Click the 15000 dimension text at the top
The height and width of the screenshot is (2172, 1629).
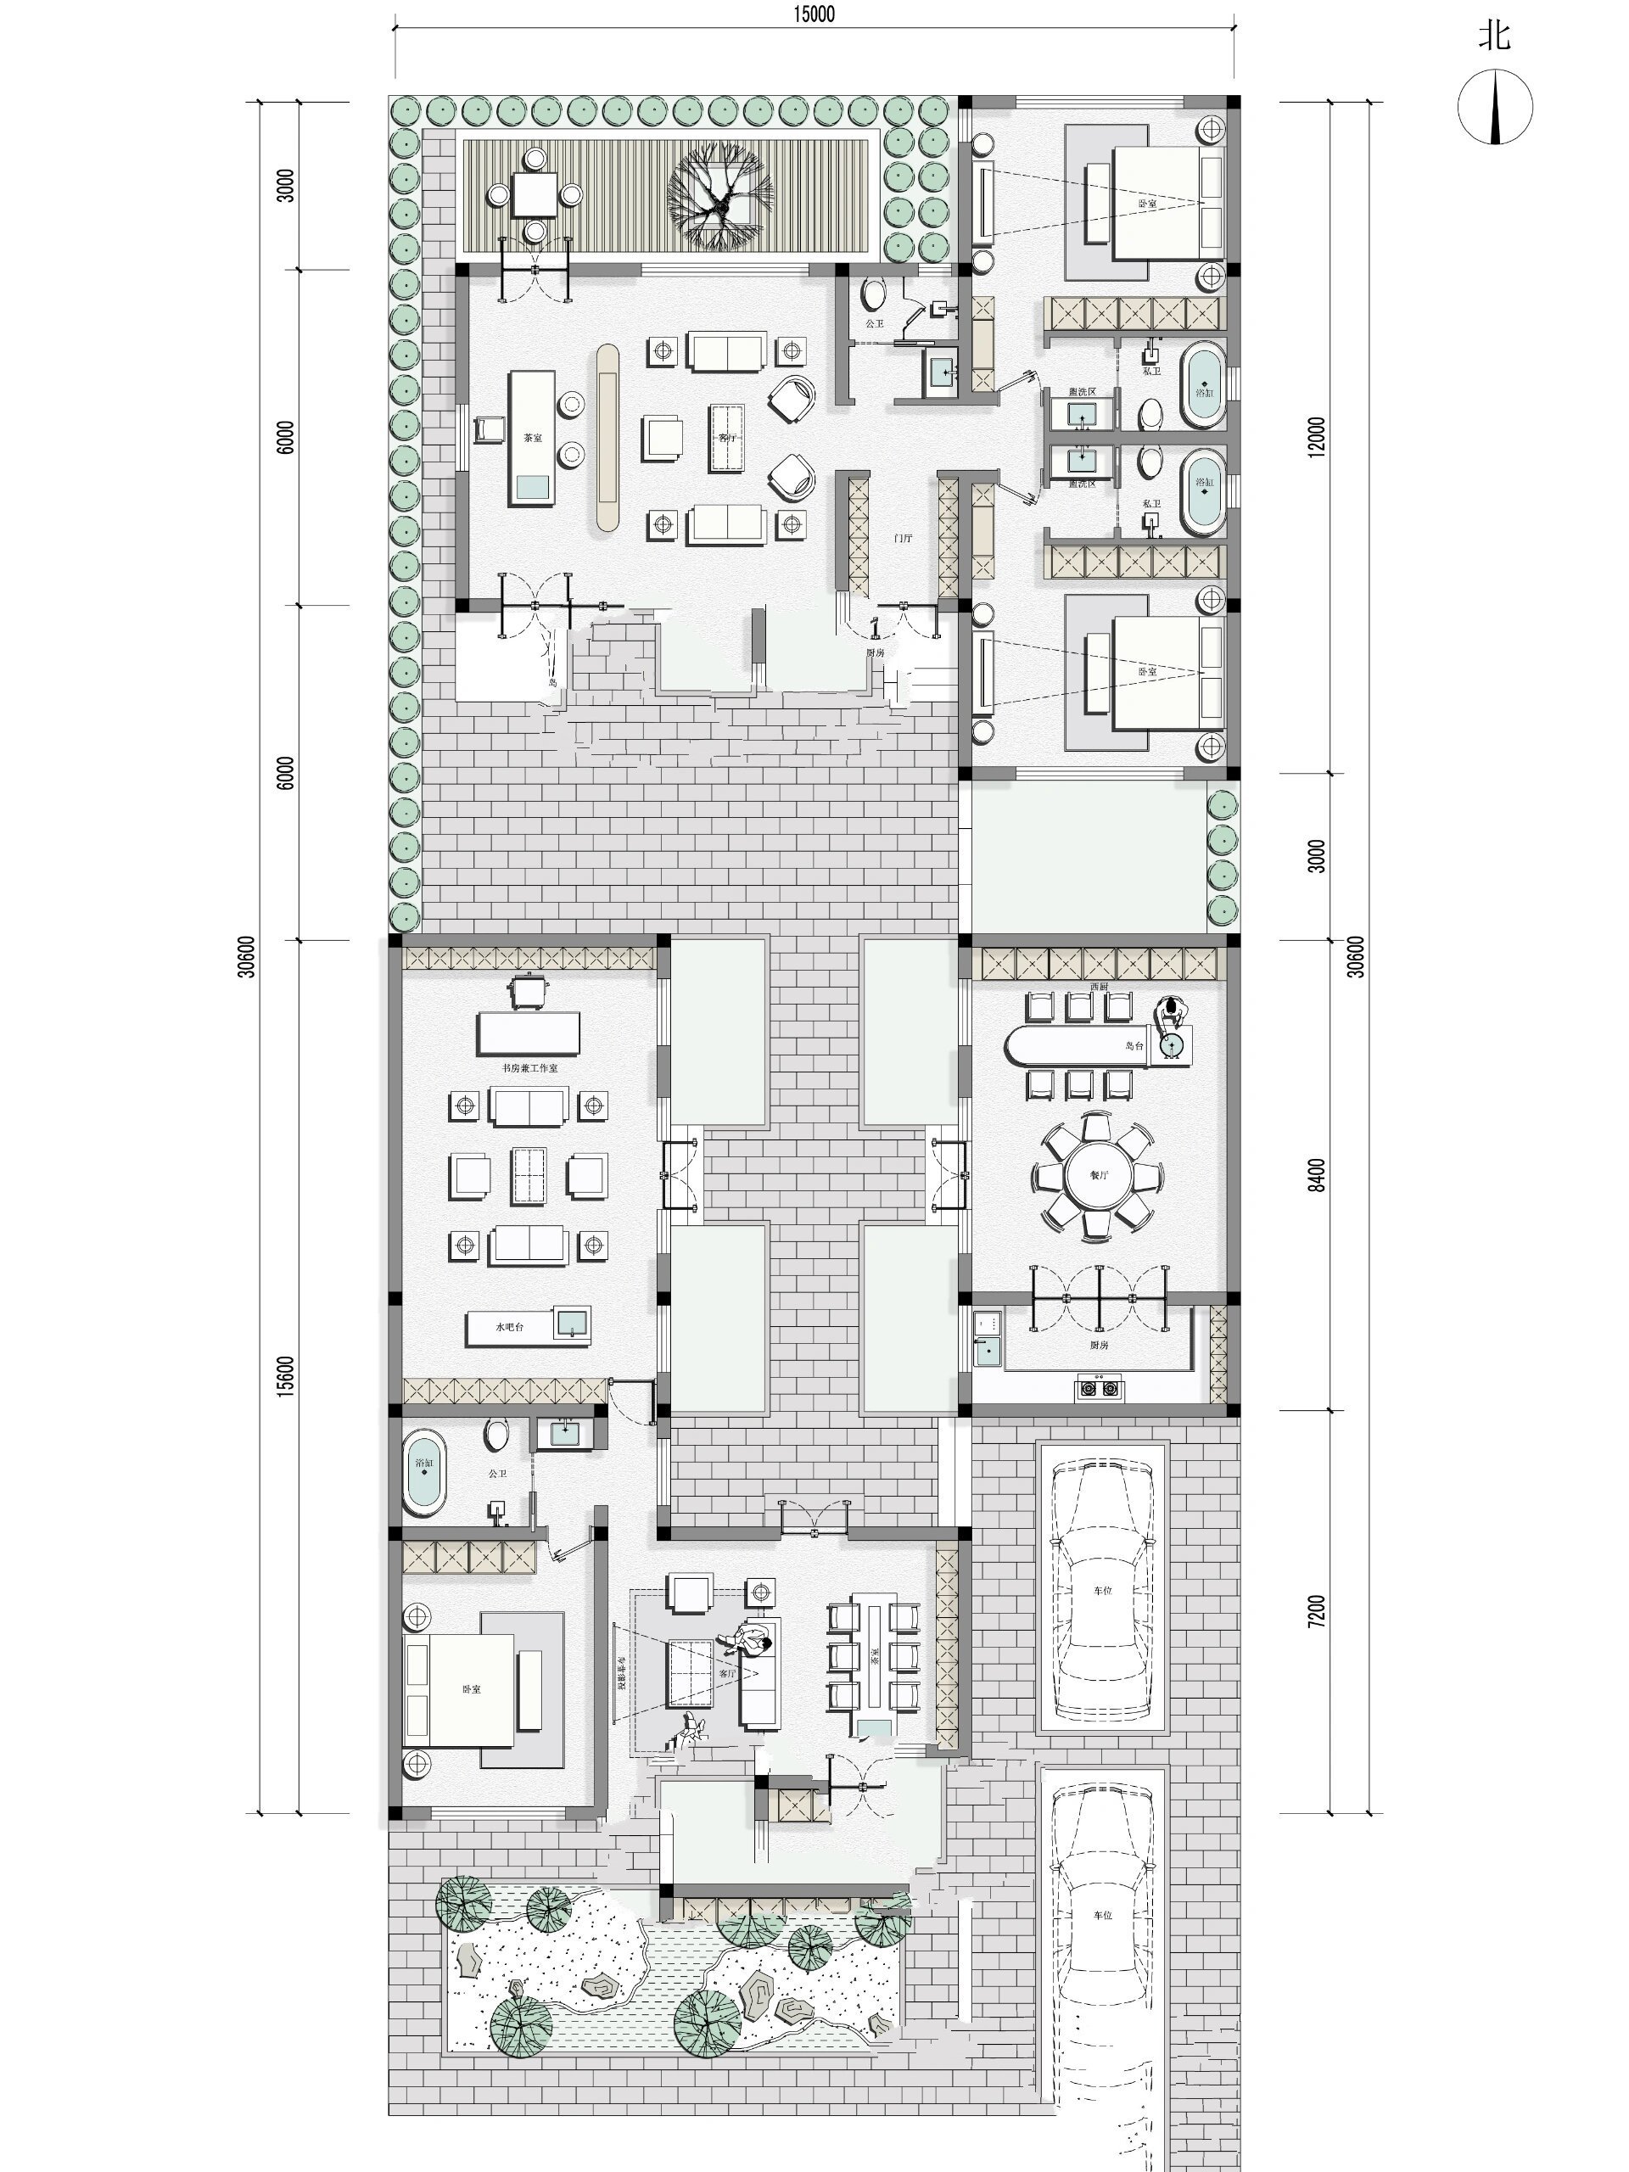point(814,14)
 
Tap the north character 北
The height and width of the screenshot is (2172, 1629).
point(1493,37)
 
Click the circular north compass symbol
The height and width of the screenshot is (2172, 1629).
point(1494,107)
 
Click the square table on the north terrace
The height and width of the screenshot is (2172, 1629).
point(535,194)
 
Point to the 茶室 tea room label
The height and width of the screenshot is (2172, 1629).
point(532,439)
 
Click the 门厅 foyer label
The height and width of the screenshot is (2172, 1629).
point(903,539)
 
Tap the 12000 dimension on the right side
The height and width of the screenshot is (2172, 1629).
point(1317,436)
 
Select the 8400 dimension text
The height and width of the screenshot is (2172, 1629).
point(1317,1175)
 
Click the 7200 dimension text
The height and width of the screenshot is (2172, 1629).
point(1317,1611)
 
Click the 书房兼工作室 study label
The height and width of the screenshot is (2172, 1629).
point(529,1067)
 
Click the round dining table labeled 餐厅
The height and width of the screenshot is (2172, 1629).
point(1097,1174)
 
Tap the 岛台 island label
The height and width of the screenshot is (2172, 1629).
point(1134,1046)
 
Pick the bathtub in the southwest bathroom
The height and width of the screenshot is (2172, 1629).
point(424,1470)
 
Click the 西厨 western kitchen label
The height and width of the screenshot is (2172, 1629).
point(1098,986)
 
